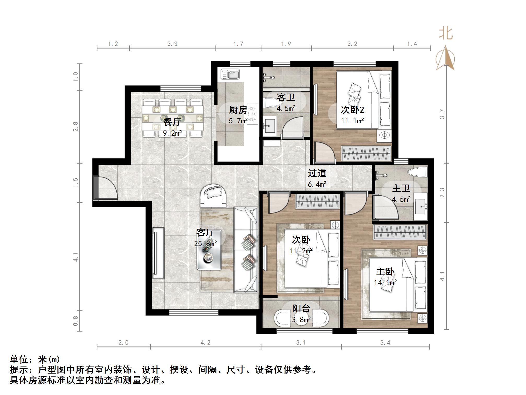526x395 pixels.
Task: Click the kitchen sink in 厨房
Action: point(230,74)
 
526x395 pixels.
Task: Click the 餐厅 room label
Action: point(172,122)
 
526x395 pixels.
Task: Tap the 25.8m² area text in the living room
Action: point(206,244)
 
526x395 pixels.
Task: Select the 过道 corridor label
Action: point(317,173)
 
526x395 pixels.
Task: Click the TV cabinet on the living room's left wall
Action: point(158,253)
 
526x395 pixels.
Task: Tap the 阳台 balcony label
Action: point(301,308)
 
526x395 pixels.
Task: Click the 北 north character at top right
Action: point(446,34)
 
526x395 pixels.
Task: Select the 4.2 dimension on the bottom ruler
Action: point(205,342)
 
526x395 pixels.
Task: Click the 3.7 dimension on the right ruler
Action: point(442,114)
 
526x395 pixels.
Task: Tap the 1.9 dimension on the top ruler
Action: point(286,44)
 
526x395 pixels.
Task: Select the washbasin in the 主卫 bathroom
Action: point(421,207)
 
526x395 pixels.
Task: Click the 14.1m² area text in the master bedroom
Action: point(385,282)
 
